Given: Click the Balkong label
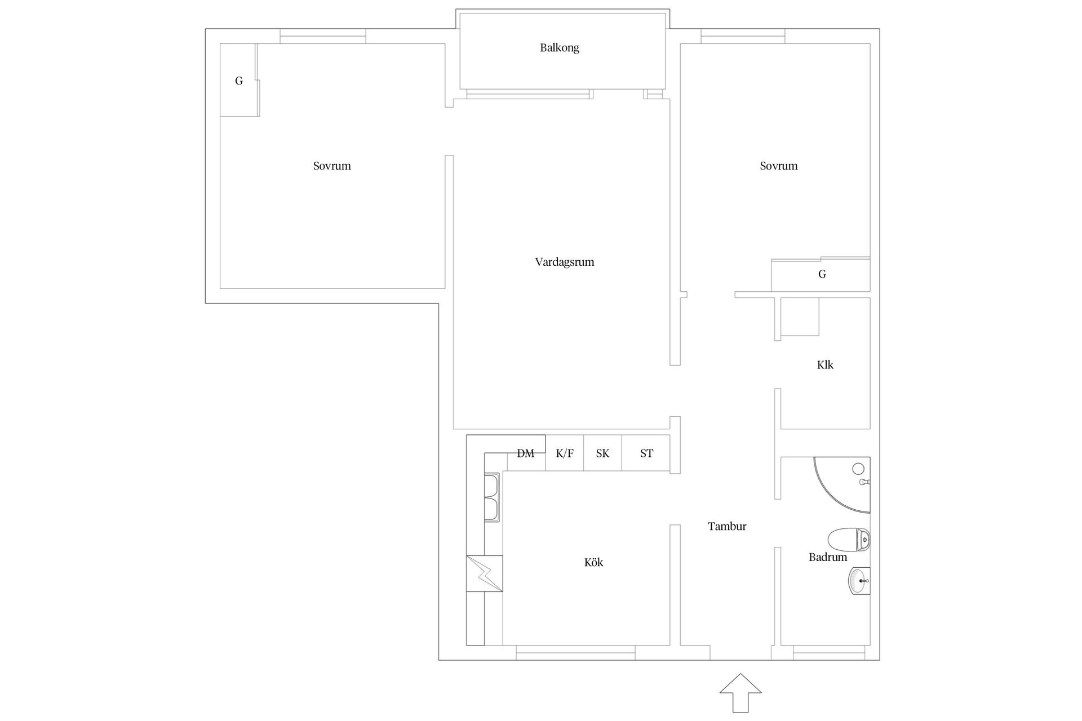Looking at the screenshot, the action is click(559, 48).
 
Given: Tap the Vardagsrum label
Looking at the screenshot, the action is click(565, 262).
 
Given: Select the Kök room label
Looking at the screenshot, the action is click(593, 562).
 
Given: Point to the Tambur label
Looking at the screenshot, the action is click(727, 526).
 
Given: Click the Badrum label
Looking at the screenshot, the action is click(828, 557).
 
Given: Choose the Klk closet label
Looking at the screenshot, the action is click(825, 364).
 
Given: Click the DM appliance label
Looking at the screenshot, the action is click(525, 453).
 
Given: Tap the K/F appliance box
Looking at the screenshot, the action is click(564, 453).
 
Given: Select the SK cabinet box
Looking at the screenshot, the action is click(602, 453).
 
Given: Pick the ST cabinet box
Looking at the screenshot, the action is click(646, 453).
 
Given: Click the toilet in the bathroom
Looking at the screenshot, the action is click(849, 540).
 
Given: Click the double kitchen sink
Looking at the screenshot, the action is click(492, 497).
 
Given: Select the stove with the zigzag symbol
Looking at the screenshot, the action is click(484, 573).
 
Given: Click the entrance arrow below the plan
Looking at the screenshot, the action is click(740, 692).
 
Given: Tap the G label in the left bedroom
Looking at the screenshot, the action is click(239, 81).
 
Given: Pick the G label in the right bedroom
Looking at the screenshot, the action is click(822, 274).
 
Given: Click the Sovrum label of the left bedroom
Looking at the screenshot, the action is click(332, 166).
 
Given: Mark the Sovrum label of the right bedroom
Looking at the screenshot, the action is click(779, 166).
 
